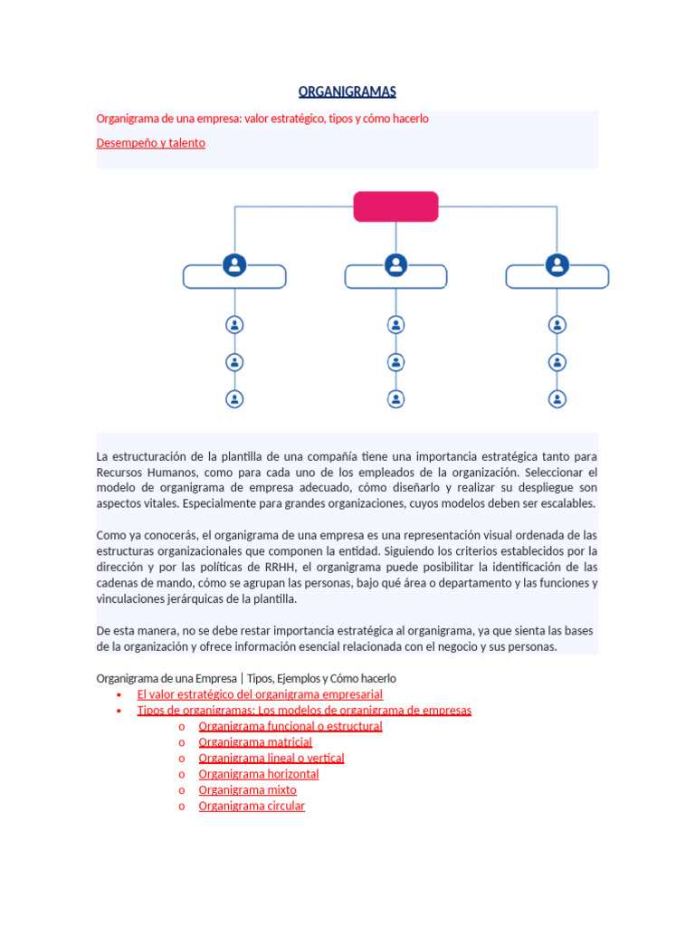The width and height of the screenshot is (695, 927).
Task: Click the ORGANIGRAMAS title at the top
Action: pos(347,91)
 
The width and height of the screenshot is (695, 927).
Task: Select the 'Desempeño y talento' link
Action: pos(150,143)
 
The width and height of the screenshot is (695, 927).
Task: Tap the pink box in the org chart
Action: pos(395,206)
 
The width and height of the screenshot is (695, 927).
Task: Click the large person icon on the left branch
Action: pos(234,265)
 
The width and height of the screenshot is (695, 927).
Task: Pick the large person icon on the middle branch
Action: pos(395,265)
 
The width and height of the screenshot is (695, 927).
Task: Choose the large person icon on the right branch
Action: pos(557,265)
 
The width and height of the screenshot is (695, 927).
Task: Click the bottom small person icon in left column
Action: pos(234,398)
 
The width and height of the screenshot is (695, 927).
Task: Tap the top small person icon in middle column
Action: pos(395,324)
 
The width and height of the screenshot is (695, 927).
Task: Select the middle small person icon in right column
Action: pos(557,361)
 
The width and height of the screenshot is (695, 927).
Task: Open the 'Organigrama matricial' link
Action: pos(255,742)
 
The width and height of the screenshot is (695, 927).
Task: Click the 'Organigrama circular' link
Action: pos(252,806)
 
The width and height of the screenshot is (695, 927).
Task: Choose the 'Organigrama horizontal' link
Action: pos(259,774)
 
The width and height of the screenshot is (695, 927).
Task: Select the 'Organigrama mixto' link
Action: pos(247,790)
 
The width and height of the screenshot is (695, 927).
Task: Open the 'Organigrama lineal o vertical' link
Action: pos(271,758)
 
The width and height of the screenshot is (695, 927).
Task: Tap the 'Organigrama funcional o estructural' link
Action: pos(290,726)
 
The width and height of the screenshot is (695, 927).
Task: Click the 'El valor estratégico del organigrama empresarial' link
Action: pos(260,694)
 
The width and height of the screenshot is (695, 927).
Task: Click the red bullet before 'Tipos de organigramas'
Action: pos(119,712)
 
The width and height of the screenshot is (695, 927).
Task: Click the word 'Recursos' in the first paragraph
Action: pos(119,473)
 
